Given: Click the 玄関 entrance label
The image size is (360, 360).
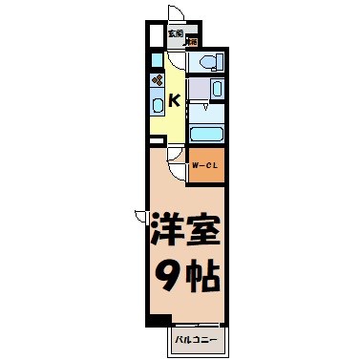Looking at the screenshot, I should pos(175,32).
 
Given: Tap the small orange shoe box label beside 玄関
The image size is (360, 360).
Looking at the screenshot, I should pos(192,41).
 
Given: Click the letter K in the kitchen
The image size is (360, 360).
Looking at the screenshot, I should pos(176,99).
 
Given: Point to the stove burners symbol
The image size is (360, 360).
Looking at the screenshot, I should pos(157,81).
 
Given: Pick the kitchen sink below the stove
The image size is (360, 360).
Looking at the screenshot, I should pos(157,106).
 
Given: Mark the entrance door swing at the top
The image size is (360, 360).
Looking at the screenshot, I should pos(177,13).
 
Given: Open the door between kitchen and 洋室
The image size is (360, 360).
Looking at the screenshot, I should pos(178,169).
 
